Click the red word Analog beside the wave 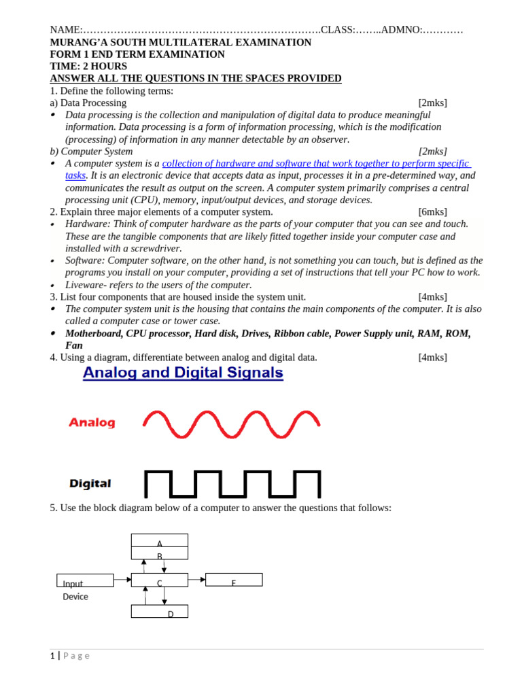coord(92,423)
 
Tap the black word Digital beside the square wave coord(90,484)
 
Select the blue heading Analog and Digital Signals coord(183,372)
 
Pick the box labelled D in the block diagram coord(159,612)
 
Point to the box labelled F coord(234,580)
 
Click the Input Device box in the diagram coord(85,580)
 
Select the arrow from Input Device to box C coord(122,580)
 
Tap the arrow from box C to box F coord(196,580)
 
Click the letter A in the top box coord(160,544)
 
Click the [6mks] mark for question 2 coord(432,212)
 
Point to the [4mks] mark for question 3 coord(432,297)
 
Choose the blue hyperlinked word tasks coord(75,175)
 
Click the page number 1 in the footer coord(52,656)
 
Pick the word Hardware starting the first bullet coord(87,224)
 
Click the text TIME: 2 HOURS coord(88,67)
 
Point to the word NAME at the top coord(65,30)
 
